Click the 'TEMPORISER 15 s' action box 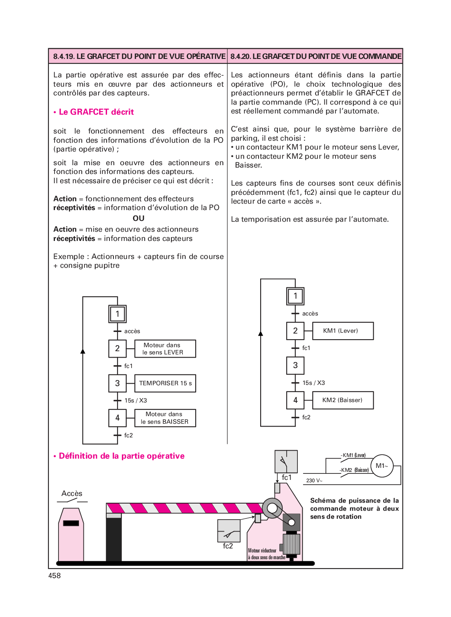(165, 383)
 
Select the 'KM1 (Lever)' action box (343, 331)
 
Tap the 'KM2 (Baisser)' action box (343, 400)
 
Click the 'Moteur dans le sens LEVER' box (165, 349)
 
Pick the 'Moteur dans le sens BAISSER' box (165, 418)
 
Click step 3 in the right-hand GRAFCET (295, 365)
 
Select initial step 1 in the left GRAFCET (117, 314)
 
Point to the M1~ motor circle (382, 466)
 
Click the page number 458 (55, 576)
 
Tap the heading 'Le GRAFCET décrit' (96, 112)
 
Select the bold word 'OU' (138, 218)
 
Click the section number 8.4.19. (64, 57)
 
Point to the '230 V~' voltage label (314, 480)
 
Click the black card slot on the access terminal (71, 523)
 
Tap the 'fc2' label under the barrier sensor (228, 546)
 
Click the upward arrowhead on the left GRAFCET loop (83, 351)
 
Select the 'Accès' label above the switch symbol (72, 494)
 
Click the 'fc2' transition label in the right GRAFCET (306, 417)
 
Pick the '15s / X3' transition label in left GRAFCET (136, 401)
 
